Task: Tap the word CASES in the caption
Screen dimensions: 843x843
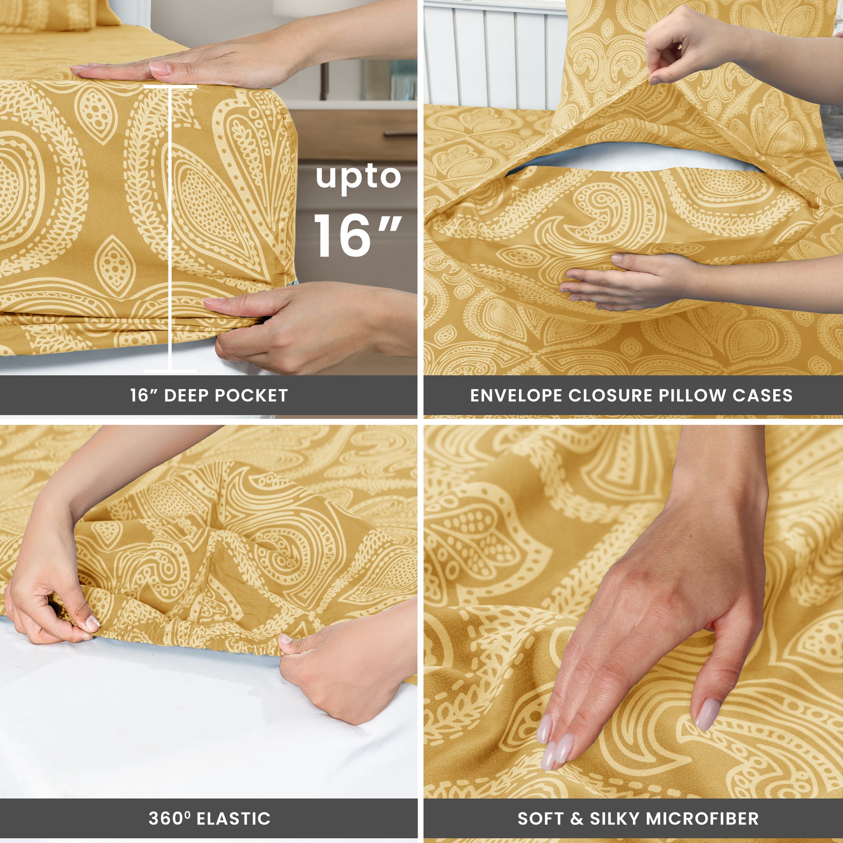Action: pyautogui.click(x=762, y=396)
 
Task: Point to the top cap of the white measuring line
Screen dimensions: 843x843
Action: pyautogui.click(x=170, y=87)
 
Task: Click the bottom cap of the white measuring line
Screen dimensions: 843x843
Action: pyautogui.click(x=170, y=371)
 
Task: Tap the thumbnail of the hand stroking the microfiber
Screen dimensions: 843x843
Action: pyautogui.click(x=705, y=714)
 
